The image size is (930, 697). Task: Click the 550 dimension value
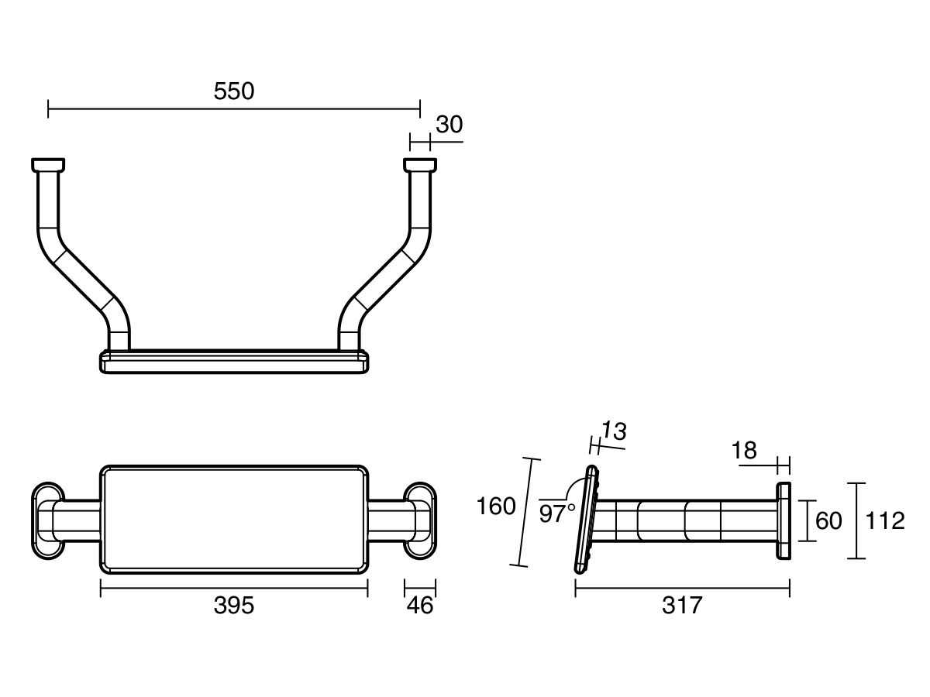pos(233,91)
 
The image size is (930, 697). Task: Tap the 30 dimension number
pos(449,125)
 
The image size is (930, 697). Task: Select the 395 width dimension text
pos(233,606)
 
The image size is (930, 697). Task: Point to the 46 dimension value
pos(420,606)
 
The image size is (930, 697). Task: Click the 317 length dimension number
pos(682,606)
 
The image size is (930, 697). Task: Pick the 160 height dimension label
pos(496,506)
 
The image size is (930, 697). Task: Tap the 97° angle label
pos(556,514)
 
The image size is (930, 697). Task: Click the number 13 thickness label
pos(614,431)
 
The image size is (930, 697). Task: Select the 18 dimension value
pos(744,451)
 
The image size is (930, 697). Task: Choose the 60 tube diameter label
pos(828,521)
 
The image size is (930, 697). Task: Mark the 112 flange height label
pos(885,521)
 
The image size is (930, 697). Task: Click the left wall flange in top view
pos(48,165)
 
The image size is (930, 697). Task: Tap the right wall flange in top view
pos(420,165)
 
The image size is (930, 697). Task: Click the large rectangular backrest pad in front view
pos(234,520)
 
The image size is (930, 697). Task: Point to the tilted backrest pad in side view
pos(587,520)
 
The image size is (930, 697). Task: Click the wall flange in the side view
pos(784,521)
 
